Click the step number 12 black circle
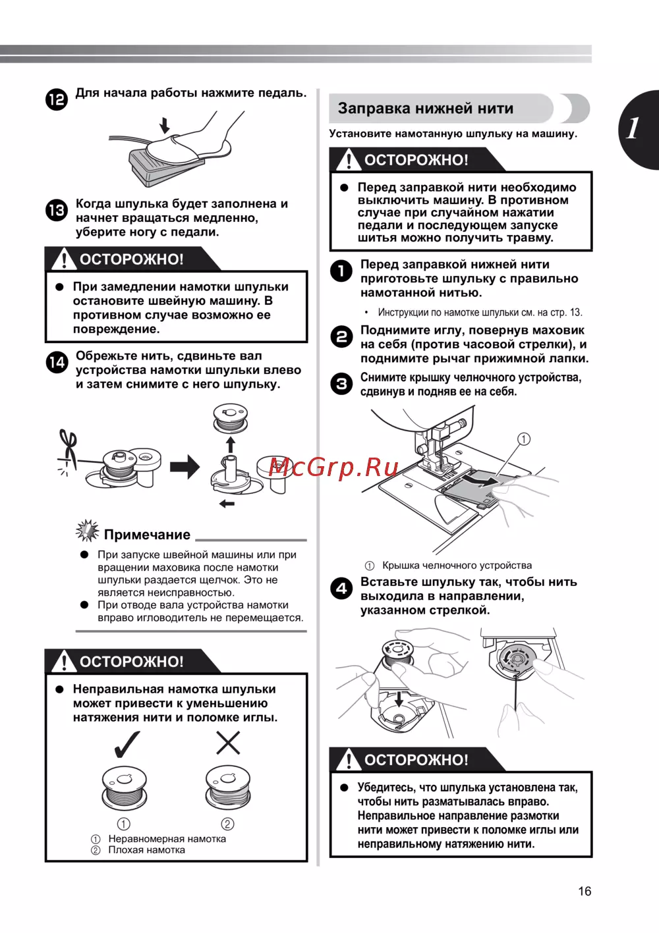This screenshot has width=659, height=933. pyautogui.click(x=57, y=99)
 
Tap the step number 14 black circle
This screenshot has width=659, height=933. pyautogui.click(x=57, y=362)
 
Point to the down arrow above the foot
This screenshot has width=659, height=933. pyautogui.click(x=165, y=124)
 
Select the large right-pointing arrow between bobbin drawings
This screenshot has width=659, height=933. pyautogui.click(x=185, y=467)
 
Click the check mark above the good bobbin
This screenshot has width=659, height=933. pyautogui.click(x=126, y=743)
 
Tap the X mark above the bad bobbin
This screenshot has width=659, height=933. pyautogui.click(x=228, y=743)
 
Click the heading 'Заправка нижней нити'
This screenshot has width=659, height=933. pyautogui.click(x=425, y=109)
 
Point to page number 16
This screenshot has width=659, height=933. pyautogui.click(x=585, y=891)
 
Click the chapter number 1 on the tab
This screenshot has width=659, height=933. pyautogui.click(x=633, y=128)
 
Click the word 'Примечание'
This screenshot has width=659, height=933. pyautogui.click(x=147, y=535)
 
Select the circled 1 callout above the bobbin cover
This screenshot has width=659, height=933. pyautogui.click(x=524, y=439)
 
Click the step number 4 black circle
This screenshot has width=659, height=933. pyautogui.click(x=341, y=588)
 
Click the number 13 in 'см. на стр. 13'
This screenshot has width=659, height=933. pyautogui.click(x=576, y=312)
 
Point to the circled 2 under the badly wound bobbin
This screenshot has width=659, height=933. pyautogui.click(x=227, y=824)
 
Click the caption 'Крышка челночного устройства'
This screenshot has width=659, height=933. pyautogui.click(x=457, y=565)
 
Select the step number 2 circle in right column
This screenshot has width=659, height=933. pyautogui.click(x=341, y=336)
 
